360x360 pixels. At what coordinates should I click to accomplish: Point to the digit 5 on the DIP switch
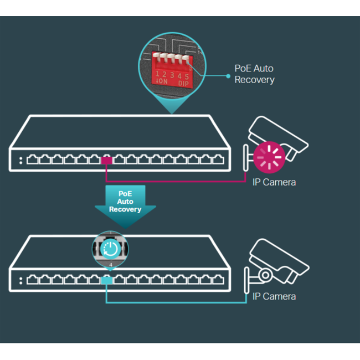click(187, 75)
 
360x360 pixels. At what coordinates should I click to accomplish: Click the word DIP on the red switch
click(183, 83)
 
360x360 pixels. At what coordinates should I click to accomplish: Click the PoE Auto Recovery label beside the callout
click(254, 74)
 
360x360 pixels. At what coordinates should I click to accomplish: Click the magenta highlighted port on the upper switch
click(107, 160)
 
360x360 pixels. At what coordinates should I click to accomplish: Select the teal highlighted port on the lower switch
click(107, 281)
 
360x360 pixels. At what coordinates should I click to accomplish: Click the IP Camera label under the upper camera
click(274, 182)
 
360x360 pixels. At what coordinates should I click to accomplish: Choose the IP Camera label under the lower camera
click(274, 297)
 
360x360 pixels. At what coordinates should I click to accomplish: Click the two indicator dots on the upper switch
click(20, 160)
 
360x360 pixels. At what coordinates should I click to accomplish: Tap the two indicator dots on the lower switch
click(20, 281)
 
